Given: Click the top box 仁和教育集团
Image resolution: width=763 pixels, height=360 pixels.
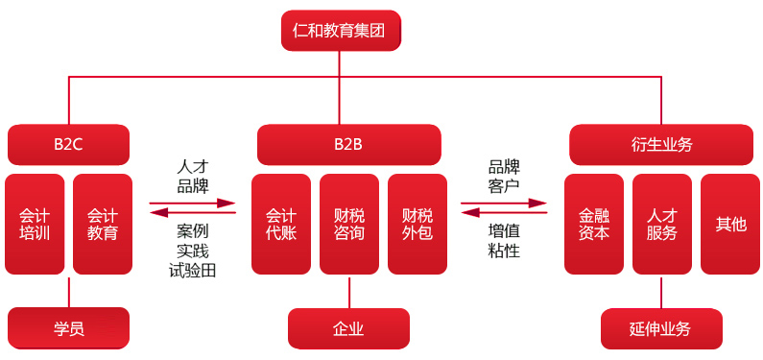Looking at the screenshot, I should [x=341, y=30].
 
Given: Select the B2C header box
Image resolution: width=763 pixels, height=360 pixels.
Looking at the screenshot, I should [x=68, y=145].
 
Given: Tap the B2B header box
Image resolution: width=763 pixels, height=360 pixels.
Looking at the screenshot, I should [x=348, y=145].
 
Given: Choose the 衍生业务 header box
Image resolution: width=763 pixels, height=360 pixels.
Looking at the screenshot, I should [x=661, y=145].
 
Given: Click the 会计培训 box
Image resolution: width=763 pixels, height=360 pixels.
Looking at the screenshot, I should [x=35, y=224].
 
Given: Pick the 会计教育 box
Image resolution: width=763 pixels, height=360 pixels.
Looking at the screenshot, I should [x=103, y=224].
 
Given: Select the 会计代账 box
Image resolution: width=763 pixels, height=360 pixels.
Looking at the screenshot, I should [x=281, y=224].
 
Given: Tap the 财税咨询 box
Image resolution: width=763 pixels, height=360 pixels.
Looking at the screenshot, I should [x=349, y=224].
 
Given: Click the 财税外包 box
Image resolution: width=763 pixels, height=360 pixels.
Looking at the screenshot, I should [x=417, y=224].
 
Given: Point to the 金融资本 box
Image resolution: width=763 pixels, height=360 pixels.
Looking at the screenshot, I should [x=594, y=224].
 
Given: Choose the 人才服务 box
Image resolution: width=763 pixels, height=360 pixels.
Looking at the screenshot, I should [x=662, y=224].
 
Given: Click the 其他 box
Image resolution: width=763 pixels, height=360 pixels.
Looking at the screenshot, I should [x=730, y=224].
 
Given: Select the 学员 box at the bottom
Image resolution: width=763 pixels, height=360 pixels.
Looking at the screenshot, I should [x=68, y=328].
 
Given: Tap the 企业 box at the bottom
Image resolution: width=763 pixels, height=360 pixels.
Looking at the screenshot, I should [x=348, y=328].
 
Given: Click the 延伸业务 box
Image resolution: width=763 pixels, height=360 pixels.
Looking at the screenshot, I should [x=660, y=328].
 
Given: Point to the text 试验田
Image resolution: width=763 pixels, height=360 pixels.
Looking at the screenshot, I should [x=193, y=271].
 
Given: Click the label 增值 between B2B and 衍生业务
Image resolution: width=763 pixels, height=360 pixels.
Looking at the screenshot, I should [x=504, y=230].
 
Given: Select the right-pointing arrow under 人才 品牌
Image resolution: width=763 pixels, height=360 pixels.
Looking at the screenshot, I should [x=193, y=203].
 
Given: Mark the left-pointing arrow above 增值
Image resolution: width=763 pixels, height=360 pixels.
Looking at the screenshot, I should [x=504, y=213].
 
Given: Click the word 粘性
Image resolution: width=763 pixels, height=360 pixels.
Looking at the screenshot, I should [x=504, y=251].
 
